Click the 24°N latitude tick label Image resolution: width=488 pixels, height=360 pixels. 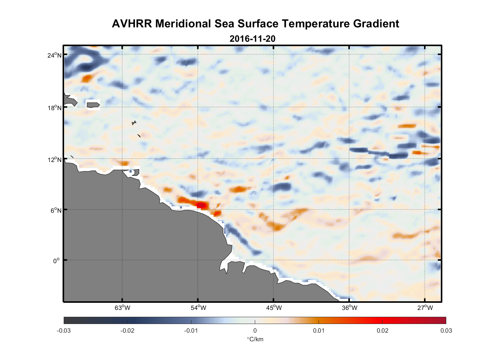click(55, 55)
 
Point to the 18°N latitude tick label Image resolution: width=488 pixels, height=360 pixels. click(55, 108)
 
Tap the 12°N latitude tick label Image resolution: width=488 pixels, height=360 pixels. click(55, 159)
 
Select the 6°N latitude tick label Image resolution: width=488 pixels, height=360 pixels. click(56, 210)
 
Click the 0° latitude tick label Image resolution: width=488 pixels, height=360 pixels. click(56, 261)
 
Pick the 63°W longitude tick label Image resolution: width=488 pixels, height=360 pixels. click(122, 308)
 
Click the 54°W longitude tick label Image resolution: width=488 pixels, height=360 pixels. click(198, 308)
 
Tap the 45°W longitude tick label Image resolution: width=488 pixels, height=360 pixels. click(274, 308)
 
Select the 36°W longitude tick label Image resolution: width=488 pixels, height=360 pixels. click(349, 308)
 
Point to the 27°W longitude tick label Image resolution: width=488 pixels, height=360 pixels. click(425, 308)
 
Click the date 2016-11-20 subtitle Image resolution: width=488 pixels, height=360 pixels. click(252, 39)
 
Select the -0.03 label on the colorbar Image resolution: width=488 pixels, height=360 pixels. click(64, 330)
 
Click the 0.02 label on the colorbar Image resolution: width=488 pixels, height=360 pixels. click(382, 330)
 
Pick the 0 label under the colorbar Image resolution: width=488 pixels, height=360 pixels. click(255, 330)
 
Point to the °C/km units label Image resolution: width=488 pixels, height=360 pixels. click(255, 339)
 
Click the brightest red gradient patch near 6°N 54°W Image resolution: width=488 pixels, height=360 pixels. click(202, 205)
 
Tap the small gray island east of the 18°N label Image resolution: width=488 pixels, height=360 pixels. click(93, 105)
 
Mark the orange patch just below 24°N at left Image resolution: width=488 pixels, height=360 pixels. click(87, 78)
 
